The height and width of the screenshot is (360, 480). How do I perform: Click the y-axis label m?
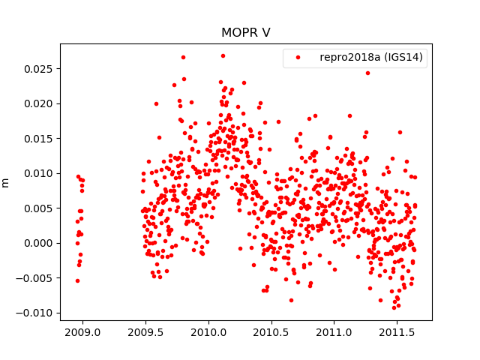(6, 182)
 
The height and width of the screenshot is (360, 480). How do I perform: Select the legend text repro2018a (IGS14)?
(372, 57)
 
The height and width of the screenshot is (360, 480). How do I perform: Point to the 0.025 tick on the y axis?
(41, 69)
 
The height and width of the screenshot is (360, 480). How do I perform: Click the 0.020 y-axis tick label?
(41, 103)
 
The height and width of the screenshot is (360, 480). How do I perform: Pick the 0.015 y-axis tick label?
(41, 139)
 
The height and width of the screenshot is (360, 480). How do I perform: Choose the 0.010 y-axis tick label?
(41, 173)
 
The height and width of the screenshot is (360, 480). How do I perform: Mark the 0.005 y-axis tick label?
(41, 208)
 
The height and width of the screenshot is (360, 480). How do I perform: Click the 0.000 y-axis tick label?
(41, 243)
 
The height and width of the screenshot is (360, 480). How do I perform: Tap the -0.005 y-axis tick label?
(39, 278)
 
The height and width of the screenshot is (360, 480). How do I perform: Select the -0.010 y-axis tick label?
(39, 313)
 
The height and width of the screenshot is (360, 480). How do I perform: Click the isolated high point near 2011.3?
(367, 73)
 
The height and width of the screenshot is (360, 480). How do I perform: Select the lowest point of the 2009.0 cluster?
(77, 280)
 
